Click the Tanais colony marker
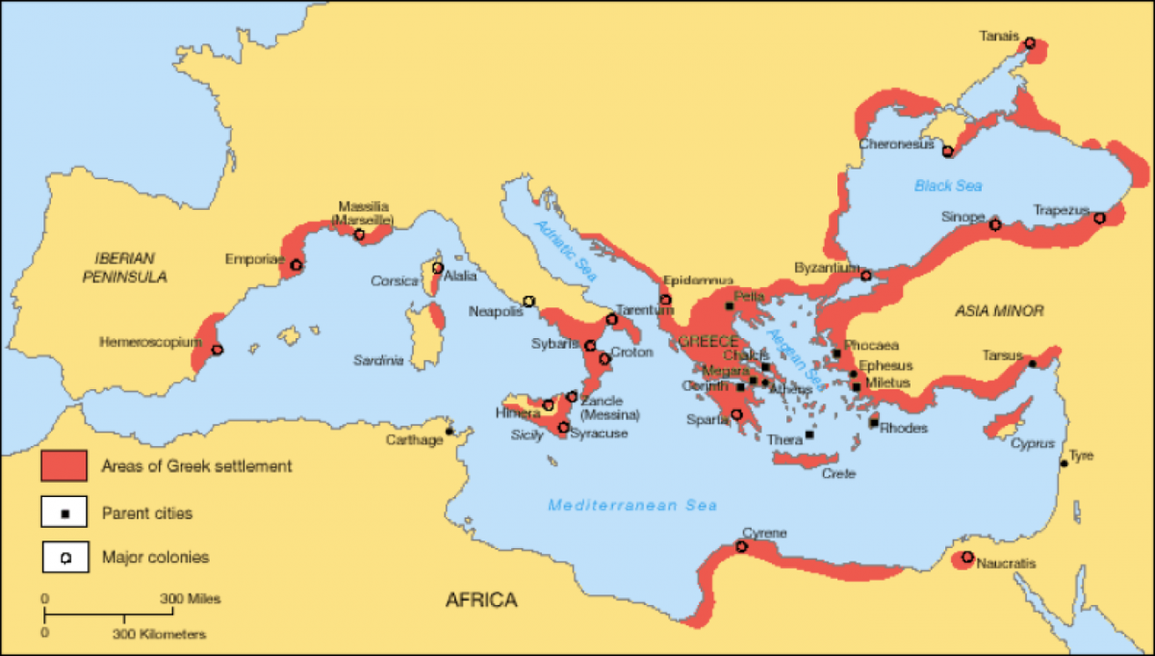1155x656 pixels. pos(1030,43)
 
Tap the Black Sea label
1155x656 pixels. pos(948,186)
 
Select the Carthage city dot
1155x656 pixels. pos(449,431)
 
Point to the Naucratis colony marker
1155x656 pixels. pos(967,557)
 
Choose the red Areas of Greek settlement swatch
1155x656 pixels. pos(64,466)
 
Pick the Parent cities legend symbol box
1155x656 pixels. pos(64,512)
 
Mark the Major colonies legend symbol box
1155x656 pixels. pos(64,557)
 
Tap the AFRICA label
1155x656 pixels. pos(480,600)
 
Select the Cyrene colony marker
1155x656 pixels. pos(741,546)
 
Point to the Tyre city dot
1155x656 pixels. pos(1064,463)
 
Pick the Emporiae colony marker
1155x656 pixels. pos(295,265)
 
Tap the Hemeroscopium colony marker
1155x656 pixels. pos(217,351)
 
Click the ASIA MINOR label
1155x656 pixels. pos(998,310)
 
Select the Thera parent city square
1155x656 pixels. pos(808,434)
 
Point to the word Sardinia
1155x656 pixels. pos(378,361)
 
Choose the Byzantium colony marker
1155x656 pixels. pos(865,276)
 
